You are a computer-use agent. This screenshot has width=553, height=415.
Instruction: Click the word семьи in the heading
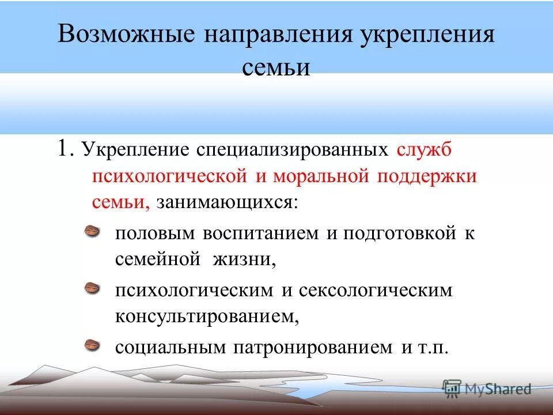click(x=276, y=67)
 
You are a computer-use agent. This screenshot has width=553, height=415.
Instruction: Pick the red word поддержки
click(x=427, y=176)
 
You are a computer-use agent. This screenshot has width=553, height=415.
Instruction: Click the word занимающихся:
click(x=228, y=202)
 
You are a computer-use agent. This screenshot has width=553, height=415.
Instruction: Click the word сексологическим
click(x=376, y=290)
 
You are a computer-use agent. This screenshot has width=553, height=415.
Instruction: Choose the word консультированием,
click(x=207, y=316)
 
